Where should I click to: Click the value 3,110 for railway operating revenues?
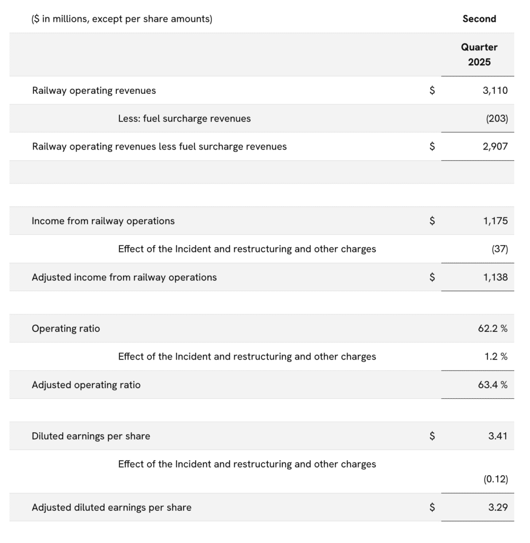click(x=495, y=91)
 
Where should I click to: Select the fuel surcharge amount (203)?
click(x=497, y=119)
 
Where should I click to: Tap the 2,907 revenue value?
click(x=495, y=146)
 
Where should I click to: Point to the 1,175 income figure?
click(x=495, y=221)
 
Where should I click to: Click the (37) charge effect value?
click(x=499, y=249)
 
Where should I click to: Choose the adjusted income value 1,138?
click(x=495, y=277)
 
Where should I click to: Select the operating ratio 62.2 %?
click(x=492, y=329)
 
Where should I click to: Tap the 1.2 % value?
click(x=496, y=357)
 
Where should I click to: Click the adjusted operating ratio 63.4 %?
click(x=492, y=385)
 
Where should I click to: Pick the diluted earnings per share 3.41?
click(x=498, y=436)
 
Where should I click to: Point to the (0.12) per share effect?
click(x=496, y=479)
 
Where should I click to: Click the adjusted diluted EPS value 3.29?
click(x=498, y=507)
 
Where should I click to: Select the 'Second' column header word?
click(x=479, y=19)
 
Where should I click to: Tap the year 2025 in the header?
click(x=479, y=62)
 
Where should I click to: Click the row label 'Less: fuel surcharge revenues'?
click(x=184, y=119)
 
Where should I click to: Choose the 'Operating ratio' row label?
click(x=66, y=329)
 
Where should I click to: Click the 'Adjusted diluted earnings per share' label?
click(x=111, y=507)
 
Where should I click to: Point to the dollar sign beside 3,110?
click(x=432, y=91)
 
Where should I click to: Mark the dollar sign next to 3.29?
click(x=432, y=507)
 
